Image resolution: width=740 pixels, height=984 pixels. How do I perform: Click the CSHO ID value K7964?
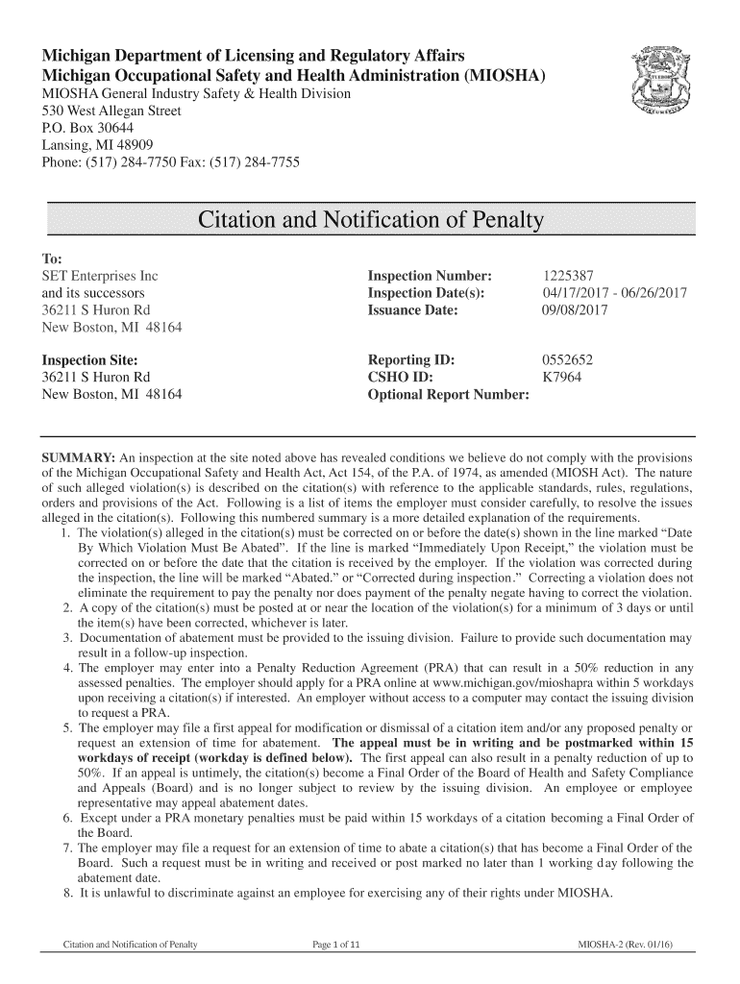click(x=565, y=378)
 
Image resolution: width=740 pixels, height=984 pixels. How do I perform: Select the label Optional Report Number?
click(x=449, y=396)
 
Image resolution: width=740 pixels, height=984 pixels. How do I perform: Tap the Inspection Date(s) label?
click(x=426, y=293)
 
